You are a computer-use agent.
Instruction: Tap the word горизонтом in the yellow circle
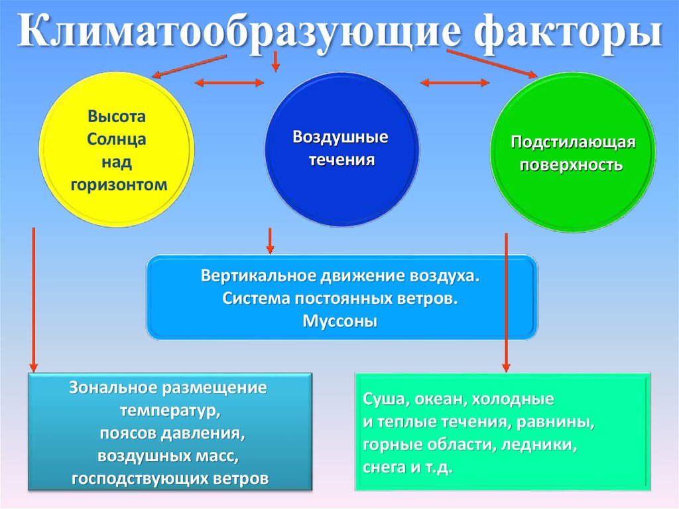(x=116, y=184)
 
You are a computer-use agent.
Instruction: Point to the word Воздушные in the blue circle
(x=341, y=137)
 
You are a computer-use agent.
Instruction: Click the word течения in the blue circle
(x=341, y=161)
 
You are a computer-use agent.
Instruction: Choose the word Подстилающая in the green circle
(x=573, y=142)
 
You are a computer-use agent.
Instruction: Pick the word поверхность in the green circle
(x=572, y=165)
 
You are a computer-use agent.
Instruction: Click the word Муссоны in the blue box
(x=340, y=321)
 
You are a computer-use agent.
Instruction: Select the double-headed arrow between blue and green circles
(x=456, y=83)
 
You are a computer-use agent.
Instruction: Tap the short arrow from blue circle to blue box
(x=270, y=241)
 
